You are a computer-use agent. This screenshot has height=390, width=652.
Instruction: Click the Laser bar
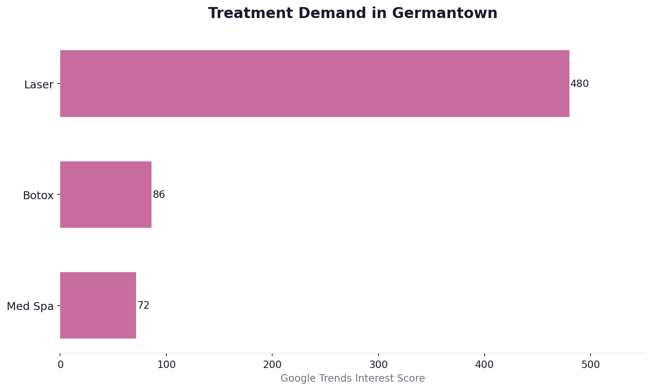click(x=314, y=84)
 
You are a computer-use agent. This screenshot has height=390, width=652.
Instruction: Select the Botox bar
click(x=106, y=194)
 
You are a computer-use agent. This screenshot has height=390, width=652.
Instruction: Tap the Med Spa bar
click(x=98, y=305)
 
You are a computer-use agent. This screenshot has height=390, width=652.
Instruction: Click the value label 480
click(x=579, y=84)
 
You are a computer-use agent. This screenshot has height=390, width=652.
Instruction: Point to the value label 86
click(x=158, y=195)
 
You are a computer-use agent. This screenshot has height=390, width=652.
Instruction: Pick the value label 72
click(x=144, y=306)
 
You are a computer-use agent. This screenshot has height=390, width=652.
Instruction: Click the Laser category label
click(x=39, y=85)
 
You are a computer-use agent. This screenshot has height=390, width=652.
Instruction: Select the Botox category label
click(x=38, y=196)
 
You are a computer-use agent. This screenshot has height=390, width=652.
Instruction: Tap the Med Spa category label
click(x=30, y=306)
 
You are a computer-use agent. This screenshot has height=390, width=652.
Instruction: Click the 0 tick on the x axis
click(x=61, y=365)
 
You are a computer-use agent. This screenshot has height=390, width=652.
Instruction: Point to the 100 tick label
click(x=166, y=365)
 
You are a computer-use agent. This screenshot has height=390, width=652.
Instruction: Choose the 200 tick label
click(x=272, y=365)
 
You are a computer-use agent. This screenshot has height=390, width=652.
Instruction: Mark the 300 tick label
click(x=378, y=365)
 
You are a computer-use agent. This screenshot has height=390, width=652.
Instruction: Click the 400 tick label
click(x=485, y=365)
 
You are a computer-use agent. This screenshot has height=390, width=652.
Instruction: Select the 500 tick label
click(x=591, y=365)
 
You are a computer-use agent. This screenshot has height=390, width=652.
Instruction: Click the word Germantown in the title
click(x=445, y=14)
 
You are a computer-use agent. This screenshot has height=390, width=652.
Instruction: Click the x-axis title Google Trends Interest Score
click(x=353, y=379)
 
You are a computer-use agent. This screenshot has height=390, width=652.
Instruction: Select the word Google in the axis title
click(x=295, y=379)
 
